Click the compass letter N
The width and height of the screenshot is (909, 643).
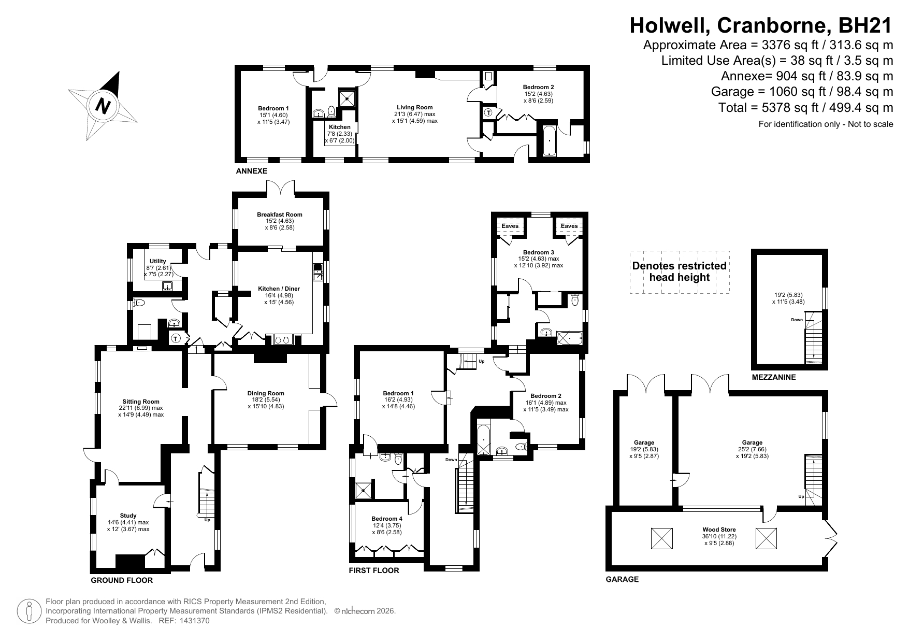(104, 106)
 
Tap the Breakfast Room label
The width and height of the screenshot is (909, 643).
(280, 215)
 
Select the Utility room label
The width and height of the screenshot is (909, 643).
(158, 261)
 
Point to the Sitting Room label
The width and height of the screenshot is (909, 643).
(141, 402)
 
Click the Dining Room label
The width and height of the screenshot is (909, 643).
(266, 393)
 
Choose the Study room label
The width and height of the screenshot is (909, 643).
(128, 516)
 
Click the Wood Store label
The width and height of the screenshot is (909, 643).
(719, 530)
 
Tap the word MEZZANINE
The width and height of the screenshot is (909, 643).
(774, 378)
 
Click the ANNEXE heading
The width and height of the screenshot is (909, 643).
(252, 171)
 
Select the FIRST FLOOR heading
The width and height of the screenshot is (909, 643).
(374, 570)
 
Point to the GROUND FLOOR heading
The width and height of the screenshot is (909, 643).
(122, 580)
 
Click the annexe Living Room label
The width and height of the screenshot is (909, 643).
(415, 107)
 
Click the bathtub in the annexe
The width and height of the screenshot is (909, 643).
(549, 140)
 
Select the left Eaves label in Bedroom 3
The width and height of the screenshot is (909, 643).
(510, 226)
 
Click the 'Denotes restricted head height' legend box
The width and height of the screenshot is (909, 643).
(680, 272)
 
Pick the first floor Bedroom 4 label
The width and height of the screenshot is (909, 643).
(387, 519)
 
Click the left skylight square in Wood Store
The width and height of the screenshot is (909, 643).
(661, 538)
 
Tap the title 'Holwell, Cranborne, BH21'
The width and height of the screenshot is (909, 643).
(761, 25)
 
